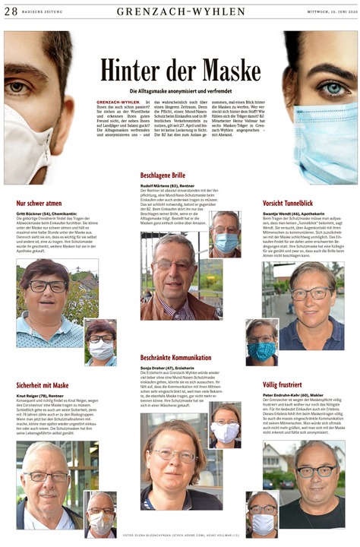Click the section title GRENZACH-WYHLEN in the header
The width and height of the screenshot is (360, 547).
[181, 11]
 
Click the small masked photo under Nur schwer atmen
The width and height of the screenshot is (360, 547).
[100, 341]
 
